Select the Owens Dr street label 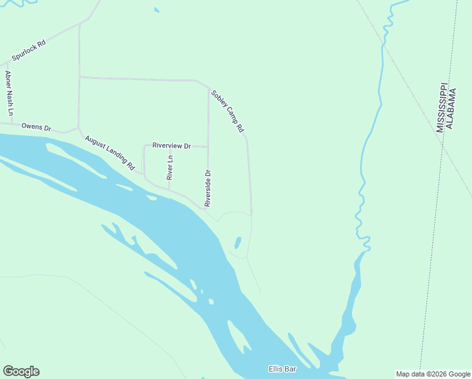[x=36, y=127]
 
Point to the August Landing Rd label [x=110, y=152]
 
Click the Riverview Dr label [x=171, y=145]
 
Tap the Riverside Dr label [x=208, y=188]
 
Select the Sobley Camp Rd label [x=227, y=111]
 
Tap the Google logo [x=21, y=371]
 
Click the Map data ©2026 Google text [x=434, y=374]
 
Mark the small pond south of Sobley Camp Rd [x=238, y=243]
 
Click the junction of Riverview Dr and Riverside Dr [x=208, y=147]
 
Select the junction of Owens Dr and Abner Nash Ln [x=11, y=124]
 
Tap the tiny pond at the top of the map [x=156, y=10]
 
